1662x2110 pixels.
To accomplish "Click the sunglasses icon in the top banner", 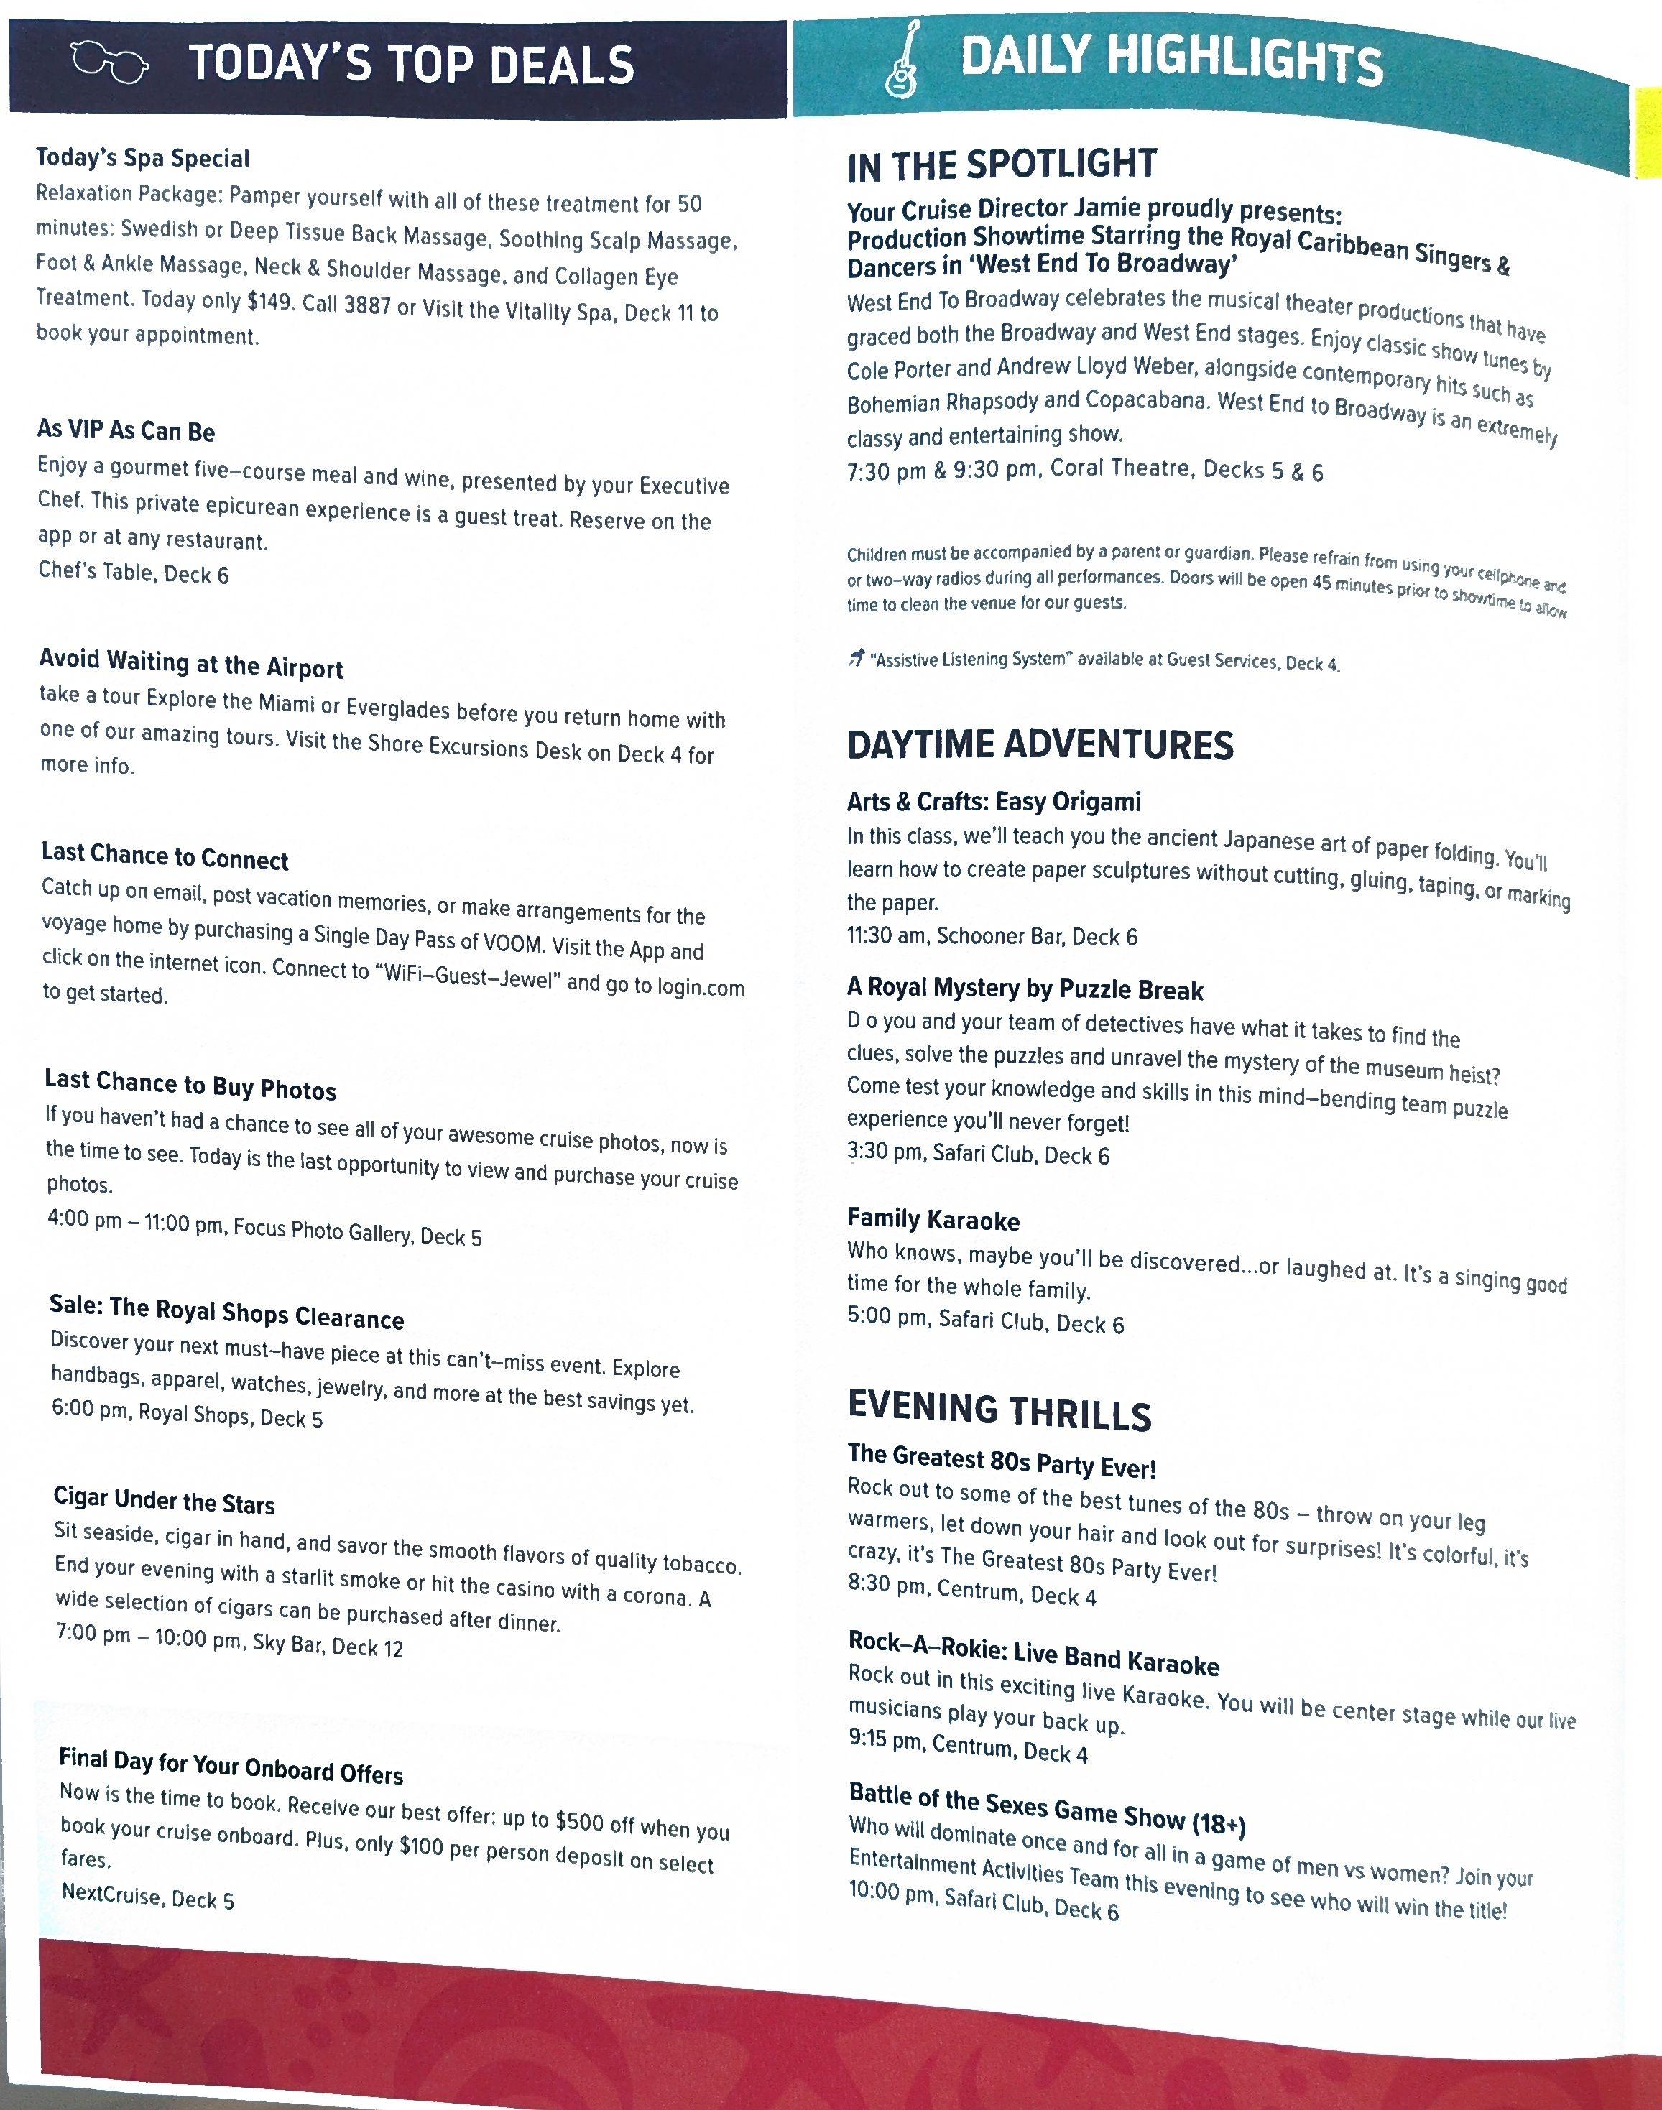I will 111,64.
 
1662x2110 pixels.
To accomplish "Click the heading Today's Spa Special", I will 143,159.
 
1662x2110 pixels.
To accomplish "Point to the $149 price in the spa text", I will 267,302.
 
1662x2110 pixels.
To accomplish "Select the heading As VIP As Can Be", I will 126,431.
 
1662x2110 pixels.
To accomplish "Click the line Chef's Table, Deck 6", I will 134,572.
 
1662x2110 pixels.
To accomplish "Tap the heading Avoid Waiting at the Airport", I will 190,663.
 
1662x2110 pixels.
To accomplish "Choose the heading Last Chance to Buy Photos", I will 190,1083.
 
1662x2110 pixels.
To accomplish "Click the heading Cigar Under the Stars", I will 165,1500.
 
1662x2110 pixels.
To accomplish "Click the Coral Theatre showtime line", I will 1085,471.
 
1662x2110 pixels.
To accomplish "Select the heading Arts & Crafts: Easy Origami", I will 994,802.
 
